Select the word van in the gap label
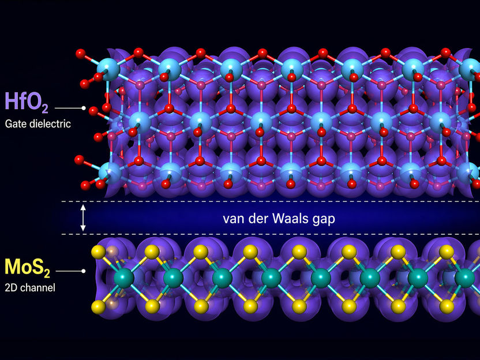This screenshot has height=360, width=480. tap(232, 219)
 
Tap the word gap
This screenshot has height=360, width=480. tap(322, 220)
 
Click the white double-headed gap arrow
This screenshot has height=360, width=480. tap(83, 217)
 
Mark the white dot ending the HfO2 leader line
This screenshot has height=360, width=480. tap(84, 108)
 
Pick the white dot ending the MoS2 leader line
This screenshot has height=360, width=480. tap(84, 271)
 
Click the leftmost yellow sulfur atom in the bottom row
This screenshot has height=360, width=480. tap(104, 305)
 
